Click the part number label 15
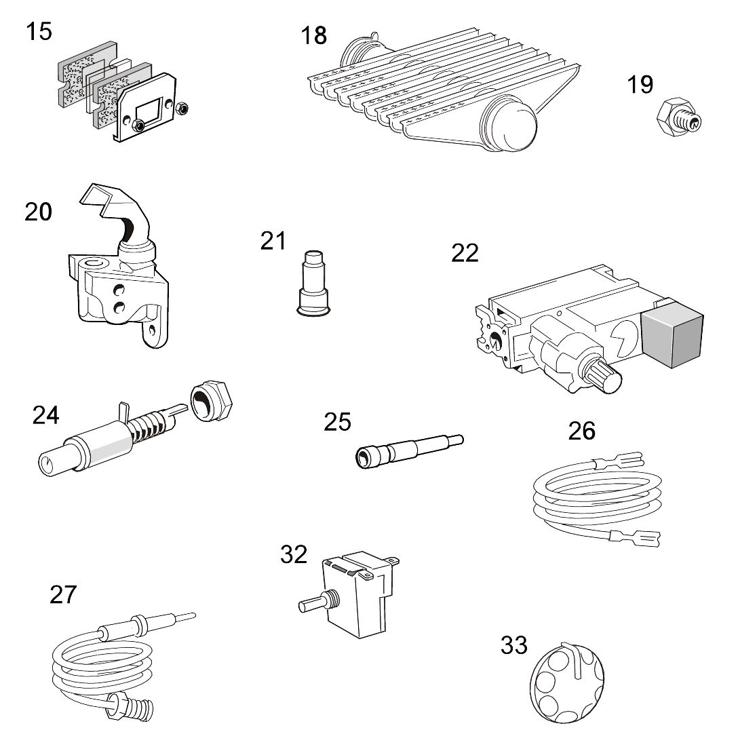point(39,31)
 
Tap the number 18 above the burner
point(314,35)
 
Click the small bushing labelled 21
point(314,284)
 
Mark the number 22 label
point(465,253)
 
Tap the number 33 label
point(513,645)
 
